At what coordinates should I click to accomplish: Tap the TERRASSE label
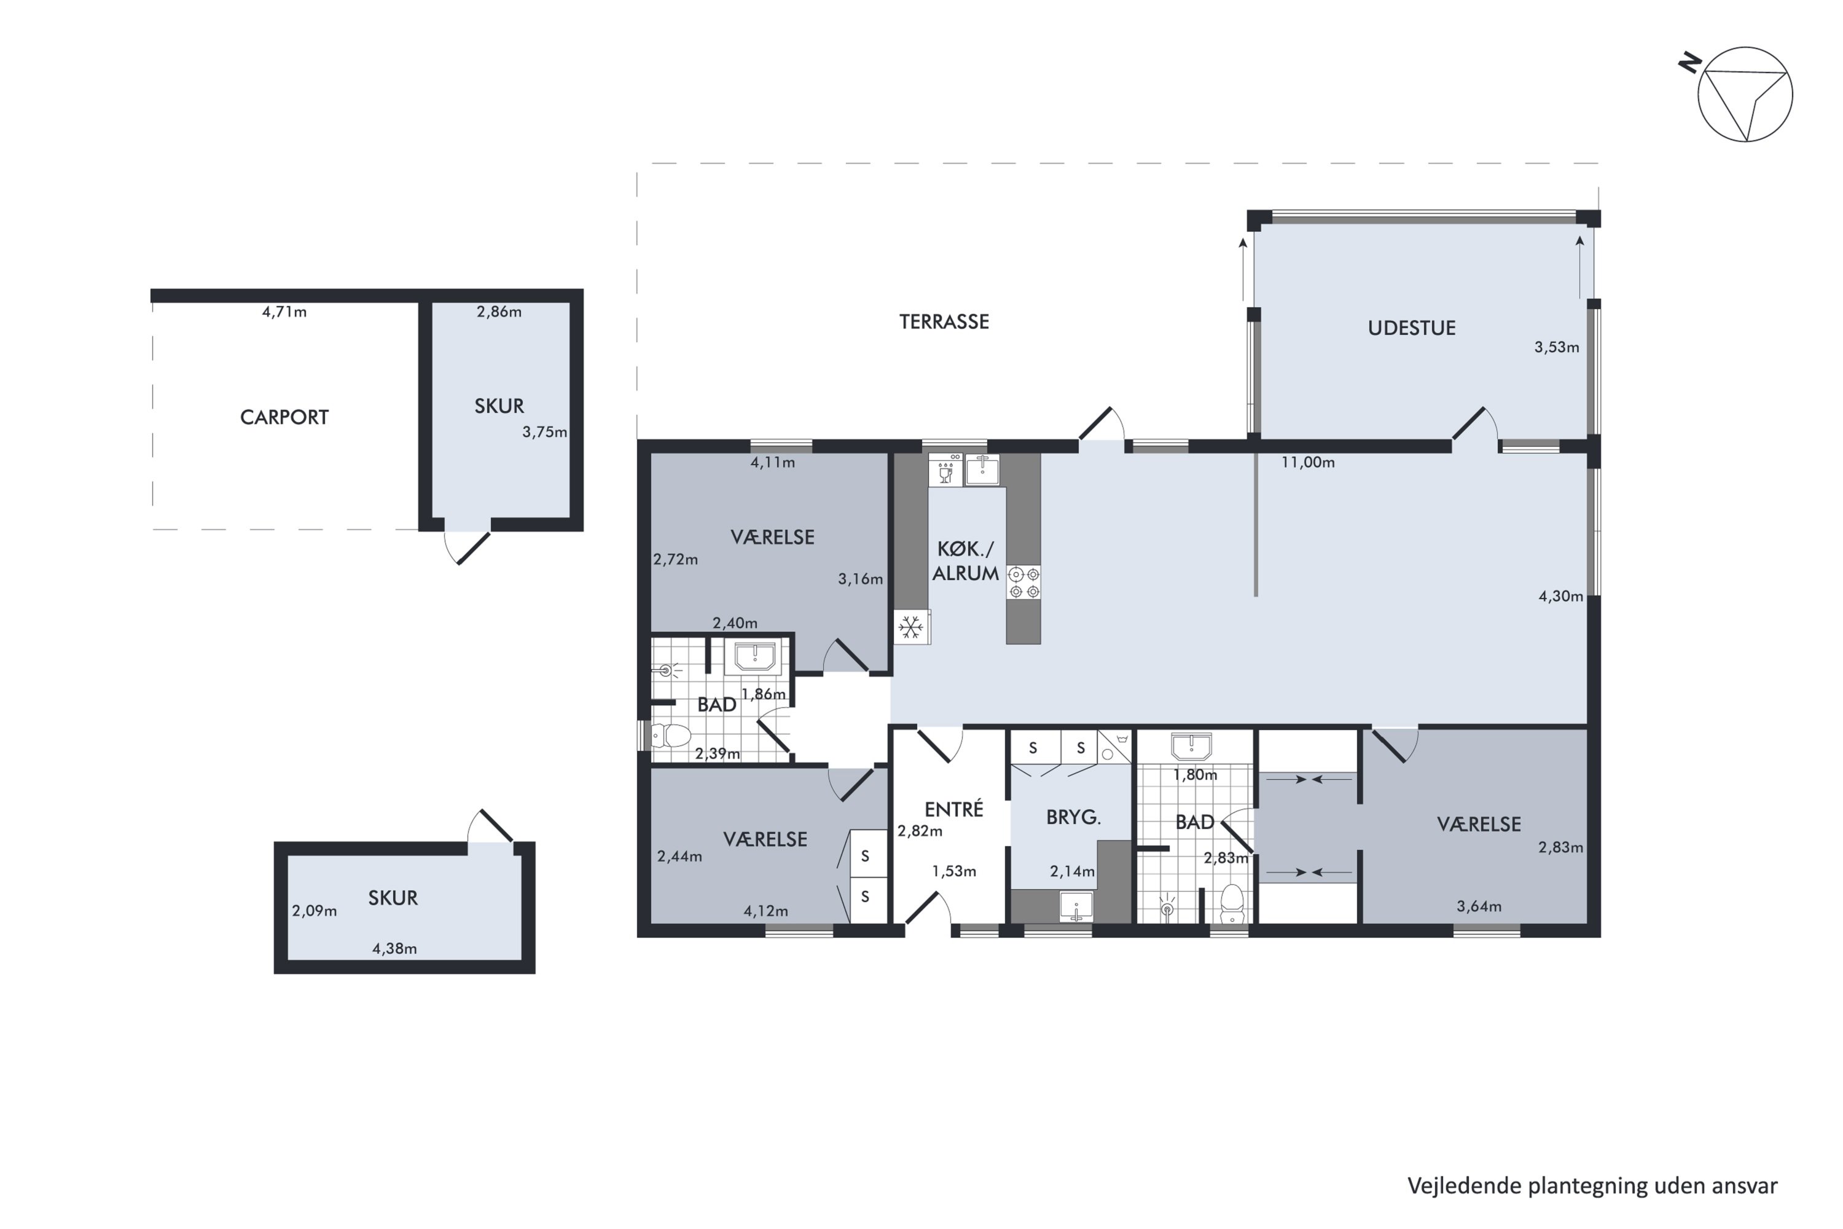click(944, 321)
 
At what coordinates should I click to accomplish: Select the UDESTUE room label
click(1411, 328)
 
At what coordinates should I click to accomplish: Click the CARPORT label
click(284, 417)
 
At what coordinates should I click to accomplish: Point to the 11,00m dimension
click(1308, 463)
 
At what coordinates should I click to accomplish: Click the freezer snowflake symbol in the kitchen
click(910, 627)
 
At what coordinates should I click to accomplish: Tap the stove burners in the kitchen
click(1023, 583)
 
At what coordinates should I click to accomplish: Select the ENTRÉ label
click(953, 809)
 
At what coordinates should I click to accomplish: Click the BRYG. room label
click(1073, 817)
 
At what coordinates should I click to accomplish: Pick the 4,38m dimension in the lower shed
click(394, 948)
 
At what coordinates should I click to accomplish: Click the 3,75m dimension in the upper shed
click(544, 432)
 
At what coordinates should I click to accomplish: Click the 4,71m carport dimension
click(284, 312)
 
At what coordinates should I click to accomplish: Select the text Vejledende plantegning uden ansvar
click(1592, 1186)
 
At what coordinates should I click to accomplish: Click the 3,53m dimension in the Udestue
click(1556, 347)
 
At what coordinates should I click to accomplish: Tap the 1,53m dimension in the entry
click(953, 871)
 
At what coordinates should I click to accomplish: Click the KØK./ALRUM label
click(965, 561)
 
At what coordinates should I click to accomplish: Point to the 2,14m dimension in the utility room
click(1073, 871)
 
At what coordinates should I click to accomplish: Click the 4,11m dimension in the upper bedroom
click(773, 463)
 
